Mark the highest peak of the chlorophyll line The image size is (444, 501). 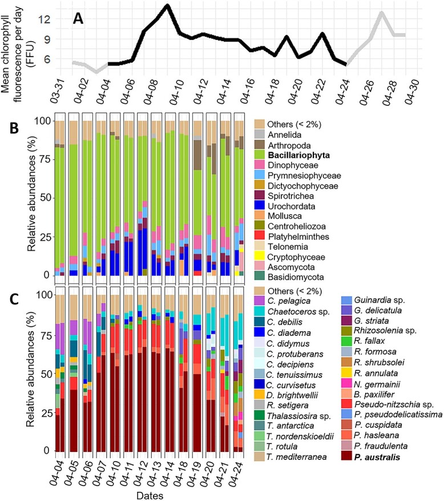166,6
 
